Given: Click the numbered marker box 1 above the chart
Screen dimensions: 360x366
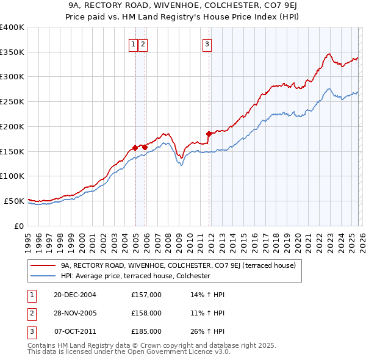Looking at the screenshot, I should (133, 43).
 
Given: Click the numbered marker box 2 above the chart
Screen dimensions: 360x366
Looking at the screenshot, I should (143, 43).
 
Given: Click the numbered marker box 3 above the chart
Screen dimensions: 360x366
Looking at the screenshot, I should (207, 43).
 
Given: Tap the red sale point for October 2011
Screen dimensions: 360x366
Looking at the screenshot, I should (209, 133).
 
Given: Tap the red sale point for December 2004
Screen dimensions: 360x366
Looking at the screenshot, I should (135, 147).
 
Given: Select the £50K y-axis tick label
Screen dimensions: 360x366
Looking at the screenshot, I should (13, 201).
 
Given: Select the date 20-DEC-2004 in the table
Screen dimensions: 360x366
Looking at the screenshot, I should (75, 295).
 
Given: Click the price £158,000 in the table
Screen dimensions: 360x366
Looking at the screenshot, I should (146, 313).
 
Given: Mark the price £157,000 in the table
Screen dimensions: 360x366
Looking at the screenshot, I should (146, 295).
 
